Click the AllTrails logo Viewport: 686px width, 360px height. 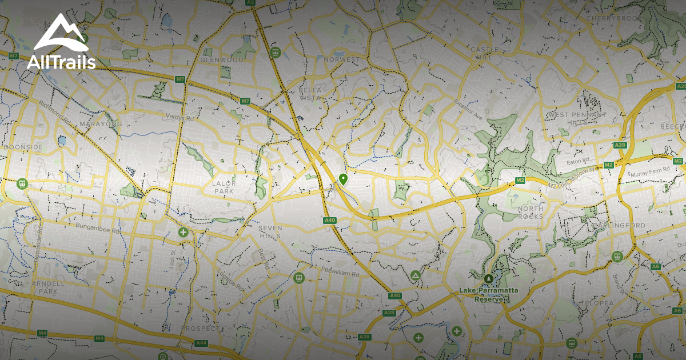61,42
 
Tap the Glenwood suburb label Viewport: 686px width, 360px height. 222,59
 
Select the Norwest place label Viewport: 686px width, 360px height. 342,59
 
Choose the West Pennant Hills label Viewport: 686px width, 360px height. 577,118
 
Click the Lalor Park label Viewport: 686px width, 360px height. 224,187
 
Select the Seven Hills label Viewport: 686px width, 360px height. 270,232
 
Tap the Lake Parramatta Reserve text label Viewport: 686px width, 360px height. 489,294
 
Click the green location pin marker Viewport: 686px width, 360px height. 343,179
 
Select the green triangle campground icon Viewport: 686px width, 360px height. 414,276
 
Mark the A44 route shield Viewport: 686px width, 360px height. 201,343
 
